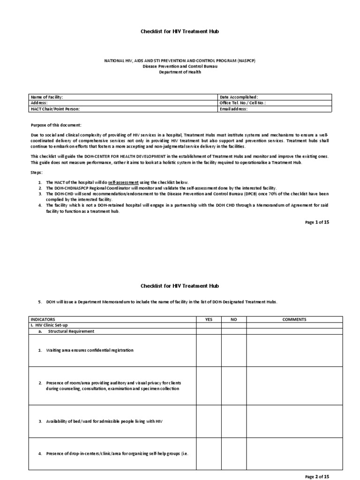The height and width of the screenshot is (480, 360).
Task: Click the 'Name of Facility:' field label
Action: pos(46,97)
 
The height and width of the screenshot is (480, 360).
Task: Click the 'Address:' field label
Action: pos(39,103)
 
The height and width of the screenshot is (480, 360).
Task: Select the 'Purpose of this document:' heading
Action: pos(56,125)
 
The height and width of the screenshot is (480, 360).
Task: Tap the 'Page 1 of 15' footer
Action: pos(317,222)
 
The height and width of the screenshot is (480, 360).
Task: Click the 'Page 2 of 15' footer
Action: pos(317,476)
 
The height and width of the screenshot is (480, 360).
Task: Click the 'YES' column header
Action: pos(209,319)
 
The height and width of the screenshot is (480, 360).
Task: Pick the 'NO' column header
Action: pos(234,319)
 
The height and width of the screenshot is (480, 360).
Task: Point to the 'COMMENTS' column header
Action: pos(294,319)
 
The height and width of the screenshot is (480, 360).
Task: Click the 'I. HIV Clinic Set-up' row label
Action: pos(49,325)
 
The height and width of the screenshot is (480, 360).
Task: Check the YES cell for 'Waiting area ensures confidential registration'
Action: pos(209,350)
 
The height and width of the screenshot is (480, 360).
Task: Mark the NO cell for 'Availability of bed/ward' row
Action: pos(234,421)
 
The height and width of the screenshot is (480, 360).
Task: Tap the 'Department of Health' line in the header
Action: pos(180,72)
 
